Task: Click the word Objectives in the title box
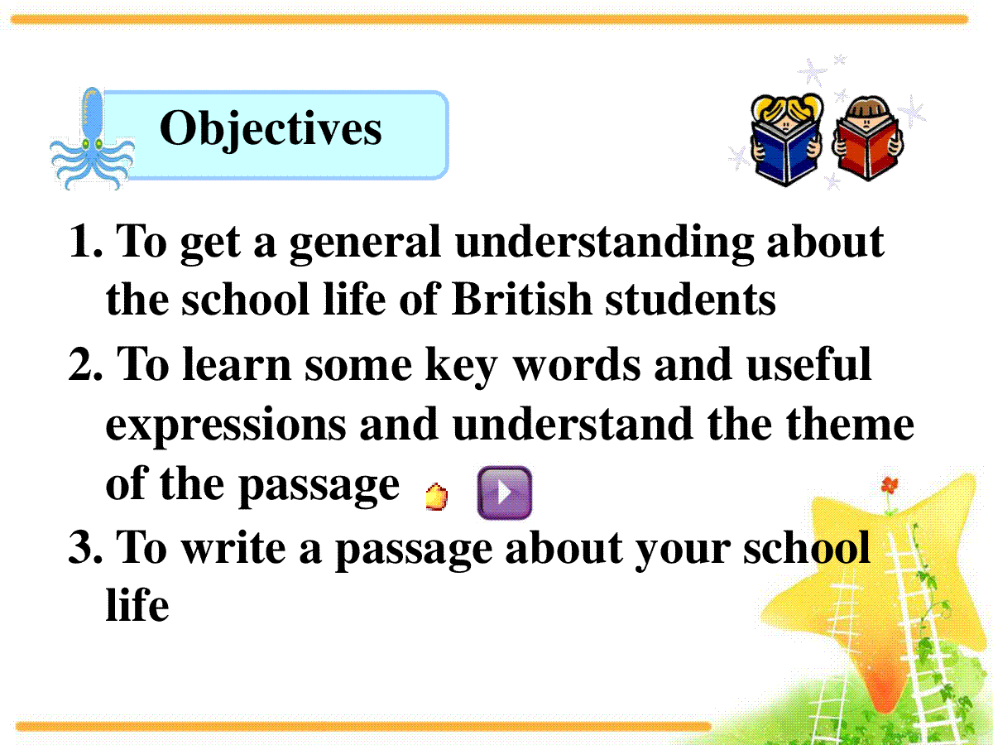point(271,130)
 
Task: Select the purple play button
point(505,493)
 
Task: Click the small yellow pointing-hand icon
point(437,497)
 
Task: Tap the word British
point(521,299)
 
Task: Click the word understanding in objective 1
point(604,243)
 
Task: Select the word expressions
point(226,426)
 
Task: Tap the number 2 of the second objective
point(85,363)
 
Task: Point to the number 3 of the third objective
point(85,548)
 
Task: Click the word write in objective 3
point(233,548)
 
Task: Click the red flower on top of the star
point(890,485)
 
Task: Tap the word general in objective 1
point(365,245)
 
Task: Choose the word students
point(690,299)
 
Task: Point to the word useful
point(808,363)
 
